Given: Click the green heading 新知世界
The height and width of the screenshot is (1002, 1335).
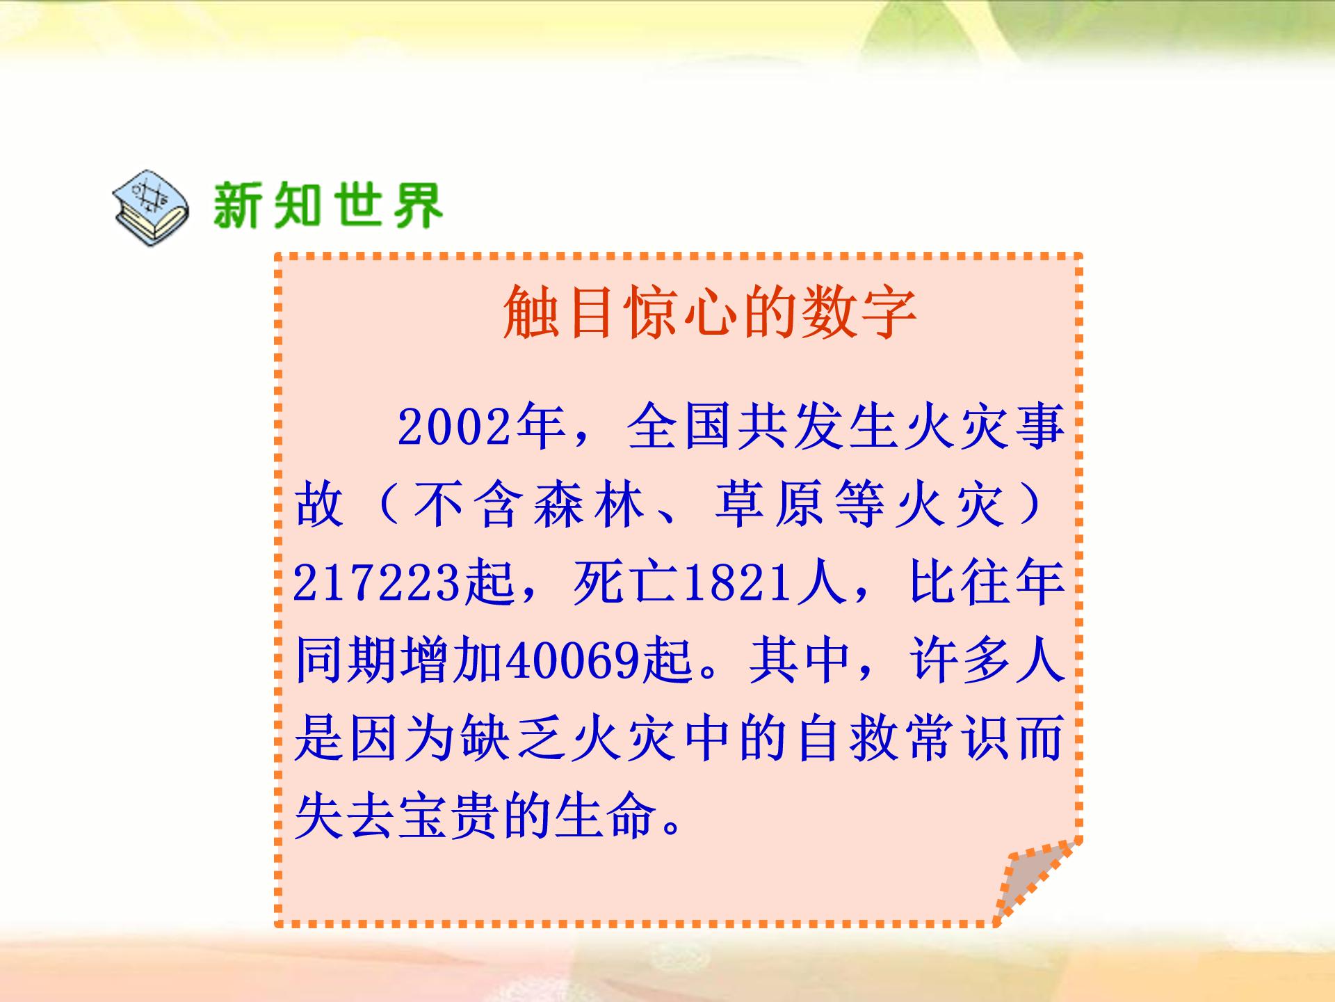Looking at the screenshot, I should tap(327, 205).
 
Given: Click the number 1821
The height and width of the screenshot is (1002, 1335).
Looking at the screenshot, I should tap(738, 583).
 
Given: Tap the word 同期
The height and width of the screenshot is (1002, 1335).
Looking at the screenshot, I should tap(347, 660).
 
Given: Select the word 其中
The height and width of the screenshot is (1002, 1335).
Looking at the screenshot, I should tap(800, 660).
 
